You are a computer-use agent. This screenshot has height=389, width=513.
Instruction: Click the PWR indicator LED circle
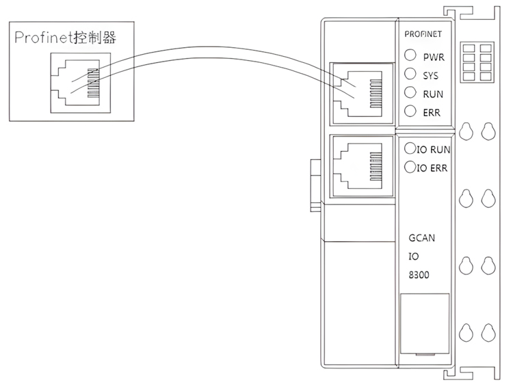(410, 56)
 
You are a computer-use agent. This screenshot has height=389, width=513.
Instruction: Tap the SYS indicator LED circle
(410, 75)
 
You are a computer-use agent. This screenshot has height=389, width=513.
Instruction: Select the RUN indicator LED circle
(410, 93)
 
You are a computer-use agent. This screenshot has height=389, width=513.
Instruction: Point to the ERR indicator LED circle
(410, 111)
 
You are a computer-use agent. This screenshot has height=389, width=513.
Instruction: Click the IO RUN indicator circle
(410, 148)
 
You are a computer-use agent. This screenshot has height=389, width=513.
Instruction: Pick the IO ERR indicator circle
(410, 166)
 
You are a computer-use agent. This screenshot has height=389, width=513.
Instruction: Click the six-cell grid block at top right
(477, 62)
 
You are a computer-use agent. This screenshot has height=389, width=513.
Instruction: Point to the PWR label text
(434, 57)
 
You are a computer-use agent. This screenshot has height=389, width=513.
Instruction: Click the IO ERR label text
(432, 167)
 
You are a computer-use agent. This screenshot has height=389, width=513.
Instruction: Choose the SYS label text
(432, 76)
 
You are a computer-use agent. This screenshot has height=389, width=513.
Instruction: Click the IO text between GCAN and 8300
(413, 257)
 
